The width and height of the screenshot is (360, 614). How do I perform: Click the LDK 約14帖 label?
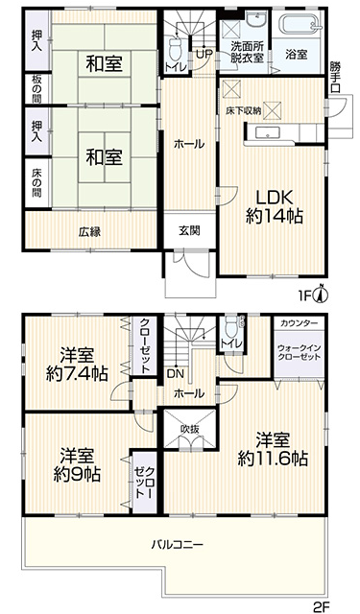tap(275, 206)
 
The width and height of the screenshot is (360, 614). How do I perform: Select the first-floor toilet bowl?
tap(174, 49)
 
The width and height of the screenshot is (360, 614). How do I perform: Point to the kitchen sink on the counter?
tap(269, 132)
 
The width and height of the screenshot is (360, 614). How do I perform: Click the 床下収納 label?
tap(243, 111)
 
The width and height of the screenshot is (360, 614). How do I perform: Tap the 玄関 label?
tap(189, 231)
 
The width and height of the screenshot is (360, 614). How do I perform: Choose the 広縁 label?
tap(89, 232)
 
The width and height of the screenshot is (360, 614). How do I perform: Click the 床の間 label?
tap(37, 183)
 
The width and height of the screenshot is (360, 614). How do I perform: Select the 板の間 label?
tap(37, 89)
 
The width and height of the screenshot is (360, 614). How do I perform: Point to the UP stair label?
tap(204, 55)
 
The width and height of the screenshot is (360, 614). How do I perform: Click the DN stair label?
tap(175, 373)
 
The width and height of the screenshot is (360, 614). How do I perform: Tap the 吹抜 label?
tap(190, 429)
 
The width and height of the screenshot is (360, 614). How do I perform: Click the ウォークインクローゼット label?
tap(299, 352)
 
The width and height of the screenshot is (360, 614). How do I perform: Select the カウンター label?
tap(300, 323)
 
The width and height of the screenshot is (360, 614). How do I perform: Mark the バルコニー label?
tap(178, 544)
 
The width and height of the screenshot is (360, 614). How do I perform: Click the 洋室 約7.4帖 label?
tap(77, 366)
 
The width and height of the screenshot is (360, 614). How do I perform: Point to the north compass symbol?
tap(322, 295)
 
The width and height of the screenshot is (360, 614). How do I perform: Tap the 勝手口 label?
tap(335, 77)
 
